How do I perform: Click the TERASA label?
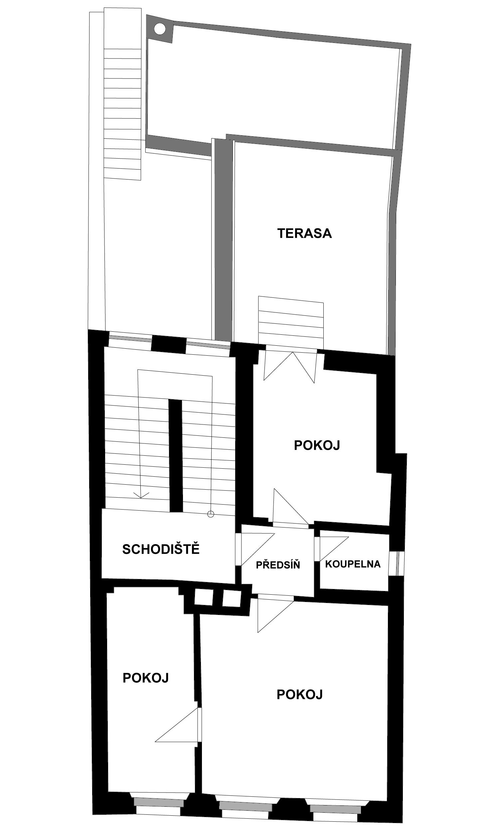tap(304, 233)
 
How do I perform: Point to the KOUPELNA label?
tap(353, 564)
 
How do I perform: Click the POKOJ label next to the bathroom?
tap(317, 445)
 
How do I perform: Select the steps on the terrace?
tap(291, 322)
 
